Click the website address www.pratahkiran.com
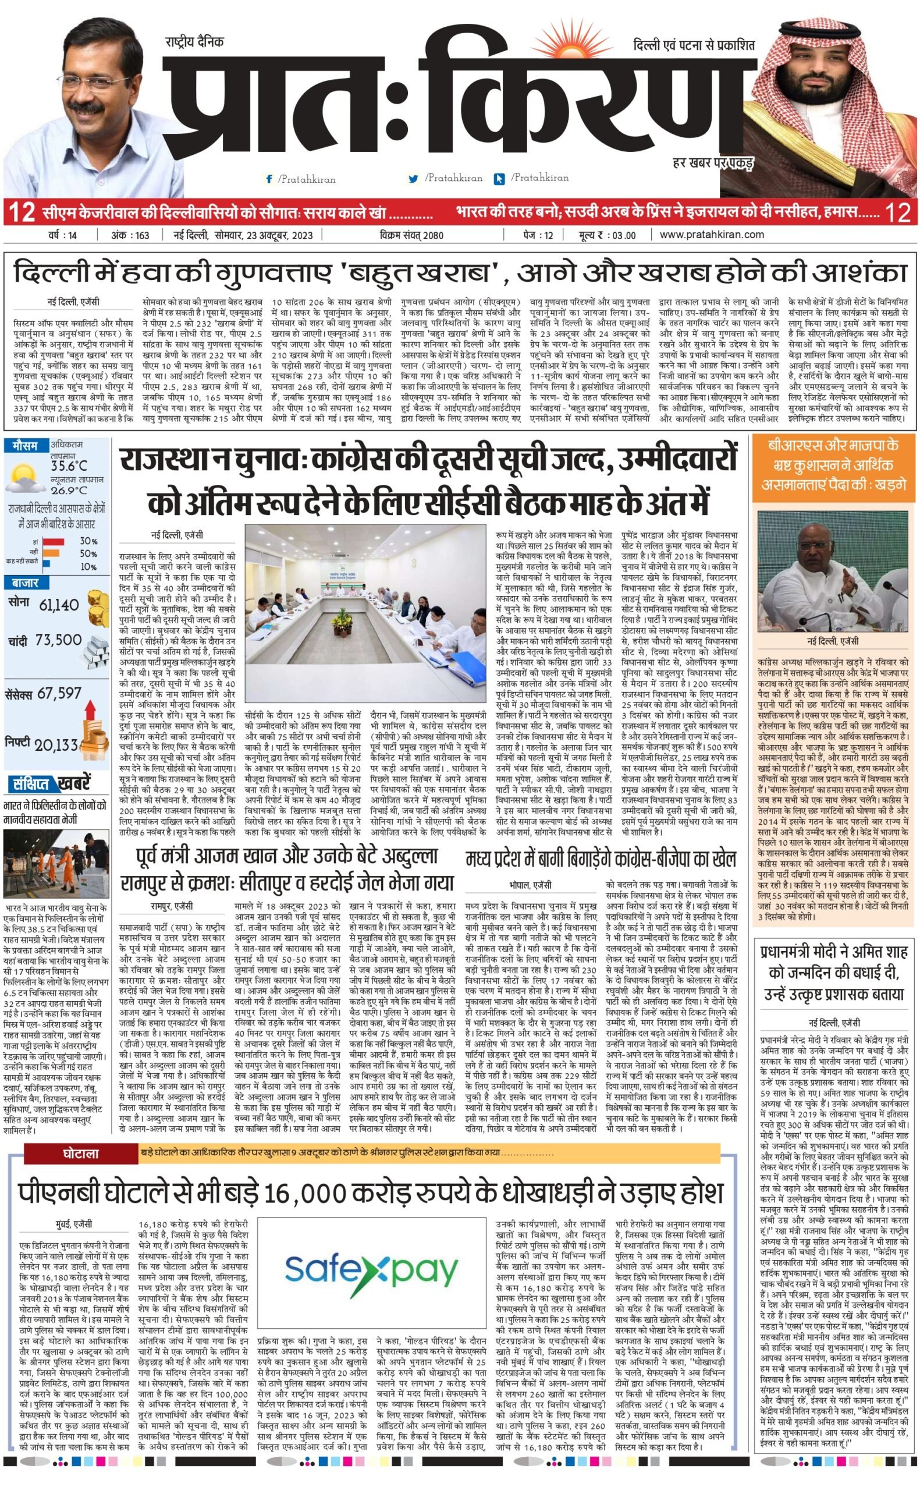[711, 235]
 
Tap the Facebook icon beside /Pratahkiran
[269, 179]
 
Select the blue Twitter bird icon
[414, 179]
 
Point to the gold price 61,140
[58, 605]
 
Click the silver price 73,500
[58, 640]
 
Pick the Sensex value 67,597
[59, 694]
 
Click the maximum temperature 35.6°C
[69, 466]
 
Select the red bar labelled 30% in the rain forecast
[54, 541]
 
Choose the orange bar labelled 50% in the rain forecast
[51, 554]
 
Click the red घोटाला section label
[80, 1154]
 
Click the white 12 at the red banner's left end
[22, 214]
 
